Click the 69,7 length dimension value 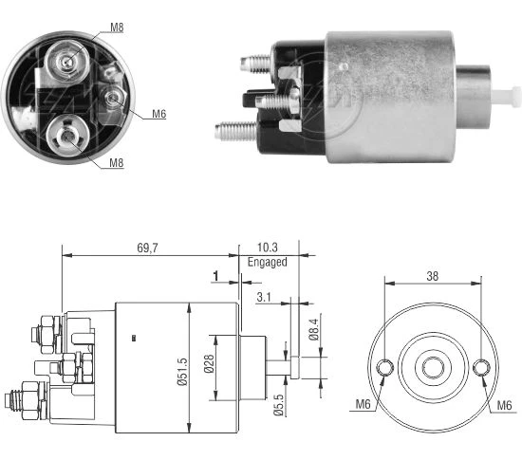tap(147, 248)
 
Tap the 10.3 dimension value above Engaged tap(268, 248)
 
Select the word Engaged tap(268, 262)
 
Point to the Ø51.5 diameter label tap(182, 372)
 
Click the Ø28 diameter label tap(209, 363)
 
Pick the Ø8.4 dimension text tap(313, 329)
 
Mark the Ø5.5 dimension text tap(279, 405)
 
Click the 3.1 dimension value tap(264, 297)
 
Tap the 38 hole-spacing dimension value tap(433, 276)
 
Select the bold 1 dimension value tap(215, 276)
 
